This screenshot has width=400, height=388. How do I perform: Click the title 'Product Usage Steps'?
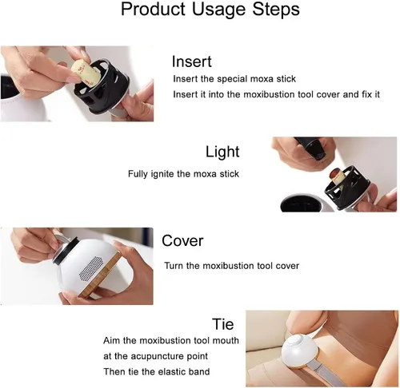coord(210,10)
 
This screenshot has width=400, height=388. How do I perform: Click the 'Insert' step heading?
coord(192,61)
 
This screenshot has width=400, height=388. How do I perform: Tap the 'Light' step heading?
coord(222,152)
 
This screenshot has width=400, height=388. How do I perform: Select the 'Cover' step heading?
coord(182,240)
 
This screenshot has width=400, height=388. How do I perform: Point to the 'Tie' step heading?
coord(223,324)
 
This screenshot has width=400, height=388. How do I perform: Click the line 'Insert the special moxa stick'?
coord(234,79)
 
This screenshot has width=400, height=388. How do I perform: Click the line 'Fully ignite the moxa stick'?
coord(183,174)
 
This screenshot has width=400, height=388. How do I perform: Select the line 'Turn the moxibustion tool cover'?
coord(231,266)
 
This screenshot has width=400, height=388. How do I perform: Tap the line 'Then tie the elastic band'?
coord(157,371)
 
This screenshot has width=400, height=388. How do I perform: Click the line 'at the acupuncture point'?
coord(155,356)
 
